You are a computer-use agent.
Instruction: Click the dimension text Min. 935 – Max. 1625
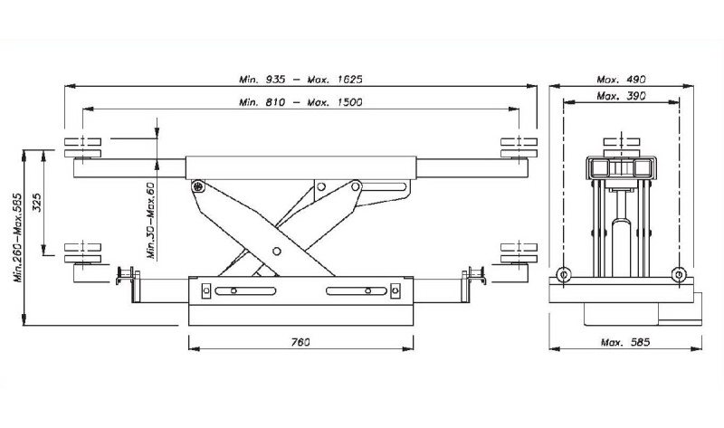coord(300,79)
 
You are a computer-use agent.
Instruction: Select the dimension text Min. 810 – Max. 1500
coord(300,101)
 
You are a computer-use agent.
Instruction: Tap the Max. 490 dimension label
coord(621,80)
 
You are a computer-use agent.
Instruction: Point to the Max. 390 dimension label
coord(621,96)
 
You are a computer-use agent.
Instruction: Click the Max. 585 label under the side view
coord(625,342)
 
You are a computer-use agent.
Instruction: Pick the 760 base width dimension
coord(300,342)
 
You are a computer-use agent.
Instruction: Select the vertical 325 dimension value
coord(37,202)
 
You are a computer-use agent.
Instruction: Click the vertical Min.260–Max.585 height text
coord(18,237)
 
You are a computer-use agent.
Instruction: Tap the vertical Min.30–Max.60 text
coord(151,219)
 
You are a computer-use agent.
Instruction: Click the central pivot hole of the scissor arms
coord(277,252)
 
